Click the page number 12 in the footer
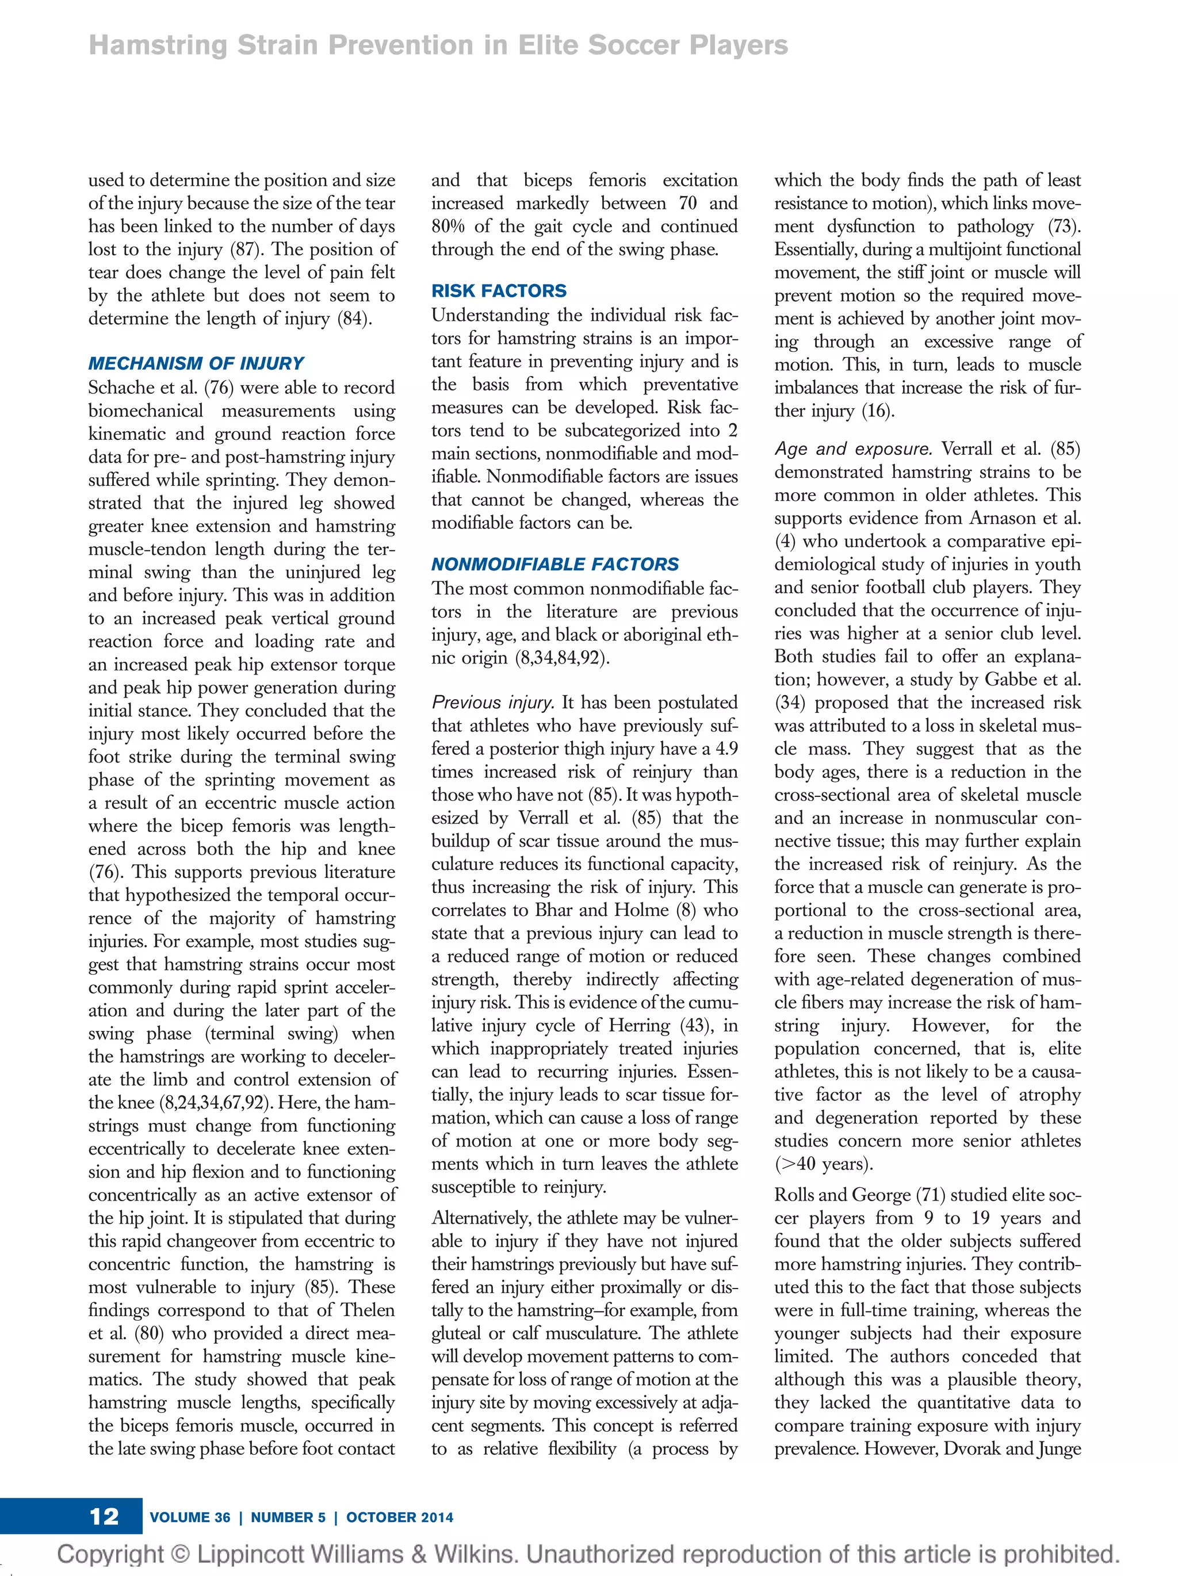point(104,1516)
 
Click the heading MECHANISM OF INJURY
point(196,363)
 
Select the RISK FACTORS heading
point(498,291)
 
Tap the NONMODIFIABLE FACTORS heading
point(554,564)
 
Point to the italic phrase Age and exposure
point(852,449)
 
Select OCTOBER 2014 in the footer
point(399,1517)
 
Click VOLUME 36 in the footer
point(190,1517)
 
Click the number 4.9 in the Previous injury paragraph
point(725,749)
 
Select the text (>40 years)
point(824,1164)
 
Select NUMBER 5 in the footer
point(288,1517)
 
